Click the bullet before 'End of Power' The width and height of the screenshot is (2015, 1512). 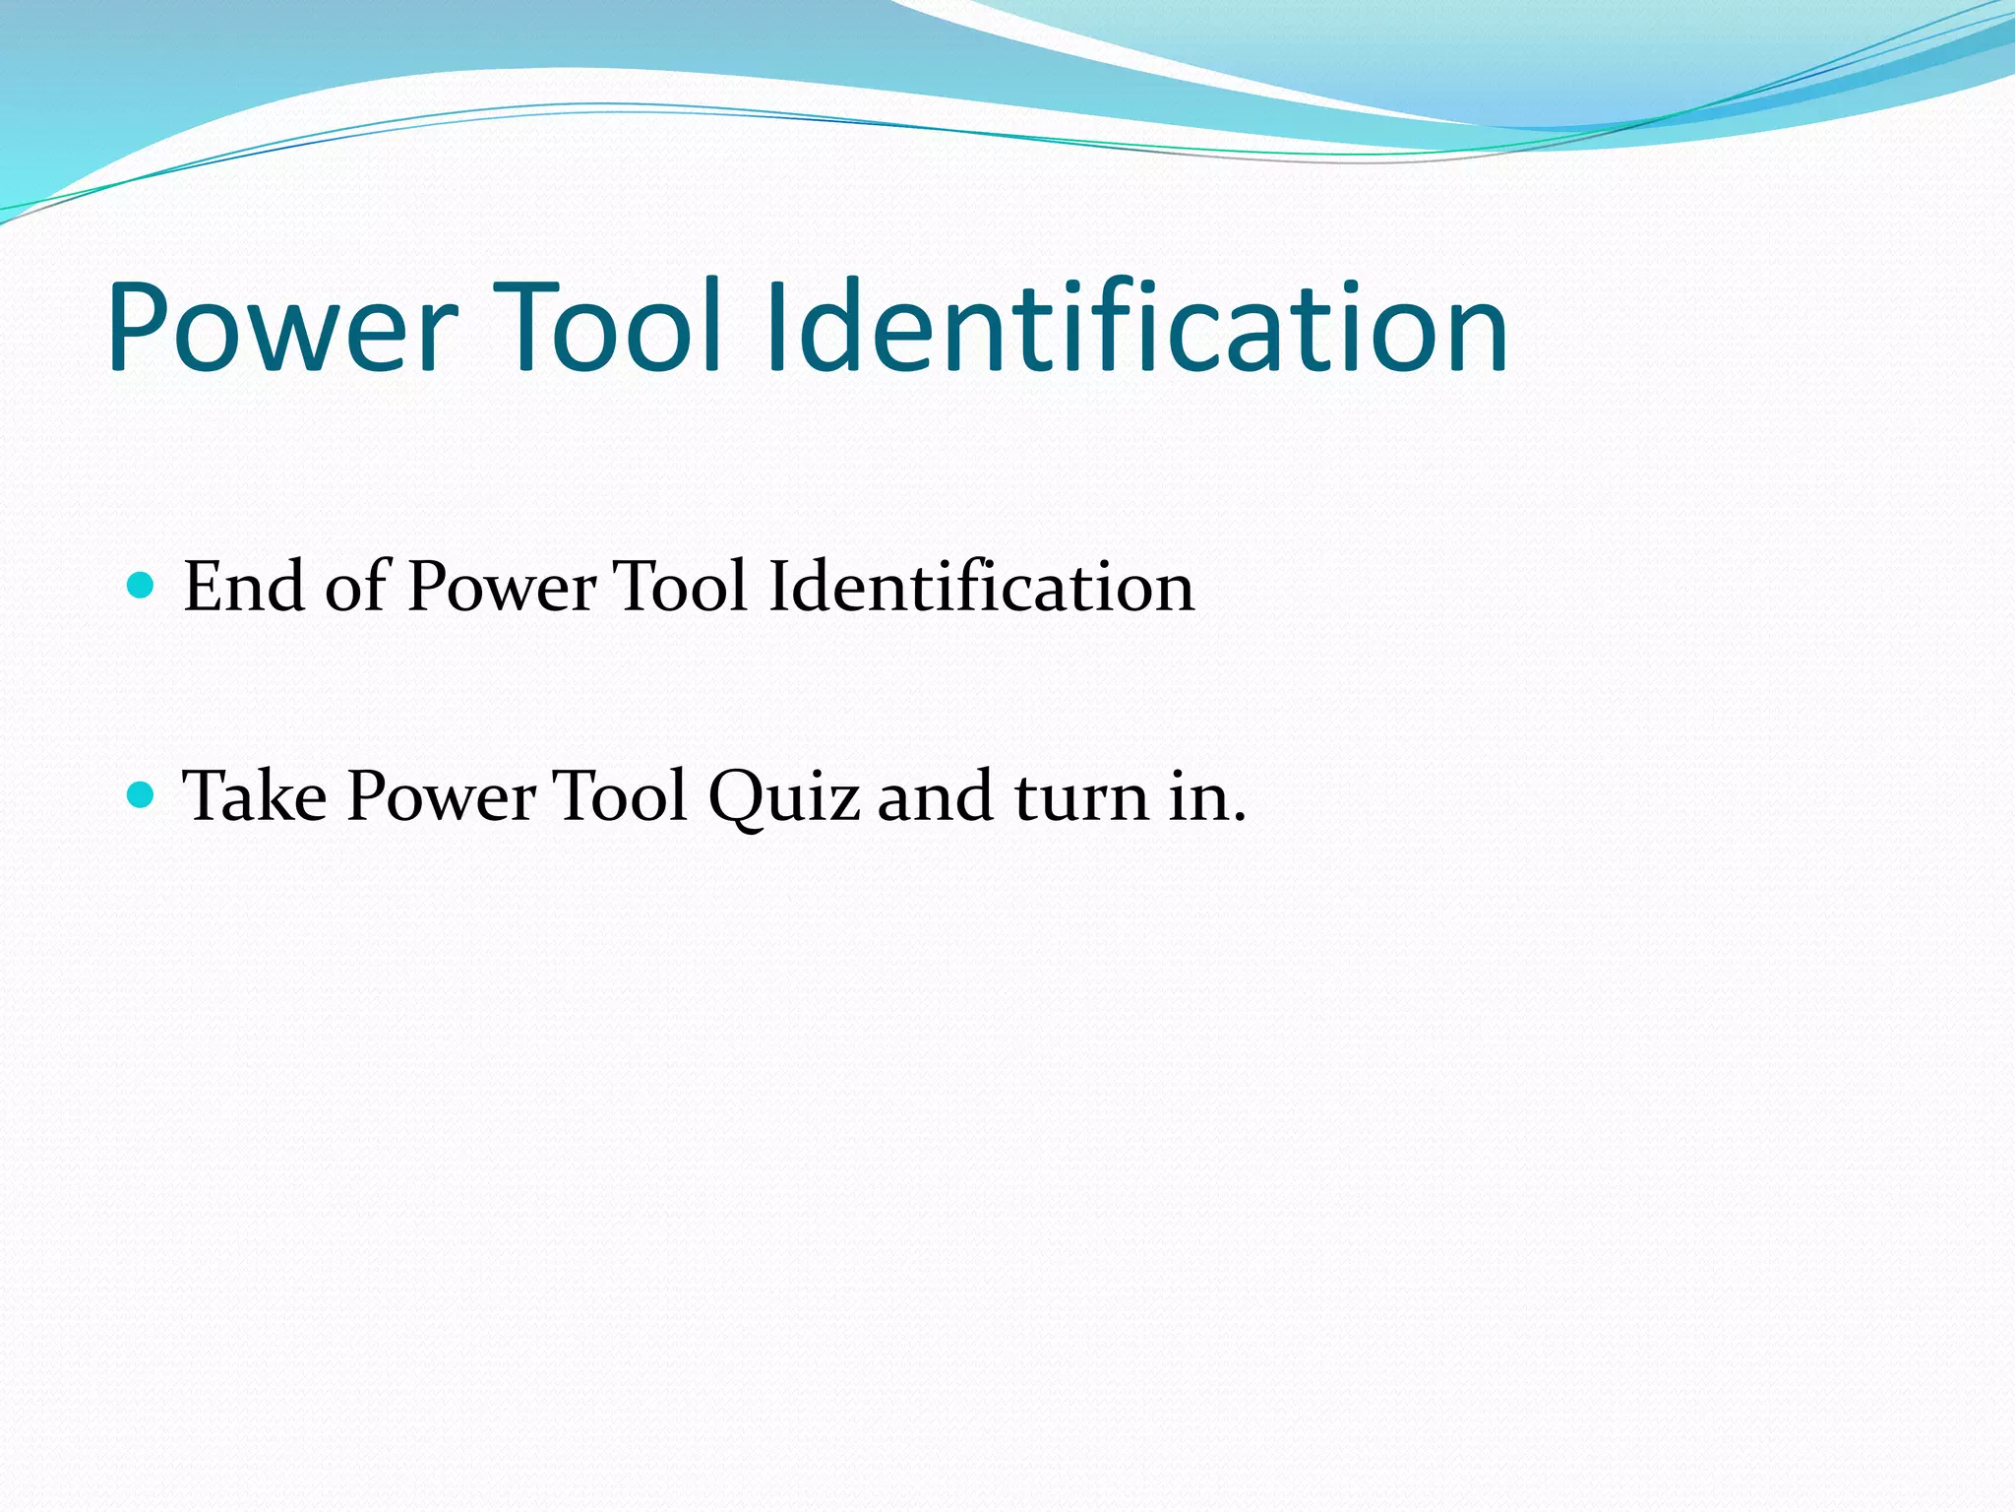142,587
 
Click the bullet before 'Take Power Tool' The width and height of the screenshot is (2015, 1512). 142,794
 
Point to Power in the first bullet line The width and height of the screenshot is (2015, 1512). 502,589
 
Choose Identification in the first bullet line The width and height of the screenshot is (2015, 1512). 981,587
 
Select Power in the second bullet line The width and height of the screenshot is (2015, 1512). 442,797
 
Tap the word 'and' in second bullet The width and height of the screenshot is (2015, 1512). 935,797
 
